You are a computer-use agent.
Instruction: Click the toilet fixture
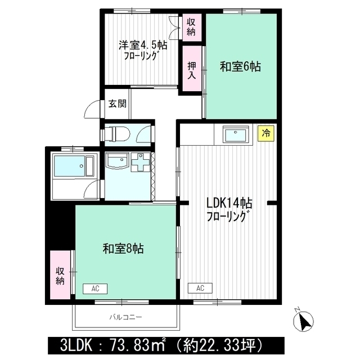(x=117, y=133)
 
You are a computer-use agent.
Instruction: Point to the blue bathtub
(x=71, y=166)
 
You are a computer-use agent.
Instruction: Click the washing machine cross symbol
(x=141, y=164)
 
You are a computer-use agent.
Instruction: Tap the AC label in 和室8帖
(x=95, y=289)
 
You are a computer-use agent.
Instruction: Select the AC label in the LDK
(x=200, y=289)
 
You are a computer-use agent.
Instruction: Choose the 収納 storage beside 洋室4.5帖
(x=191, y=26)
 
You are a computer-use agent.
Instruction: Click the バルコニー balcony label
(x=125, y=317)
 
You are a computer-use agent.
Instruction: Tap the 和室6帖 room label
(x=240, y=66)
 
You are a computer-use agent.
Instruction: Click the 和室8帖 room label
(x=123, y=248)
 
